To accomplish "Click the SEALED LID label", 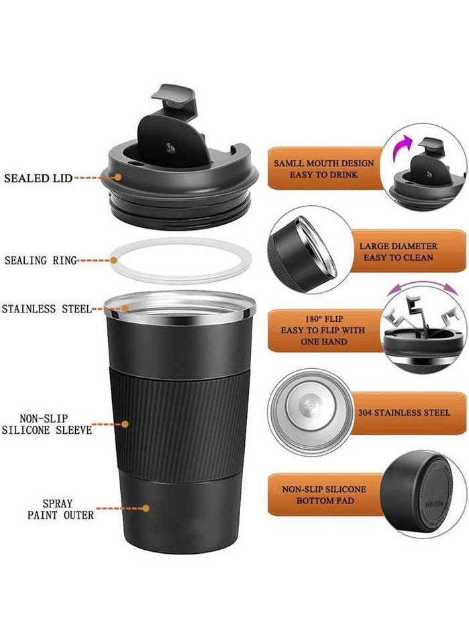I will coord(38,178).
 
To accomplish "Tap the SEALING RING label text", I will coord(41,260).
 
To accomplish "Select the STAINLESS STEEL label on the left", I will coord(46,309).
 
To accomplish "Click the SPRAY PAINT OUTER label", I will coord(61,509).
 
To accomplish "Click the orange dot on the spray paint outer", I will coord(146,508).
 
